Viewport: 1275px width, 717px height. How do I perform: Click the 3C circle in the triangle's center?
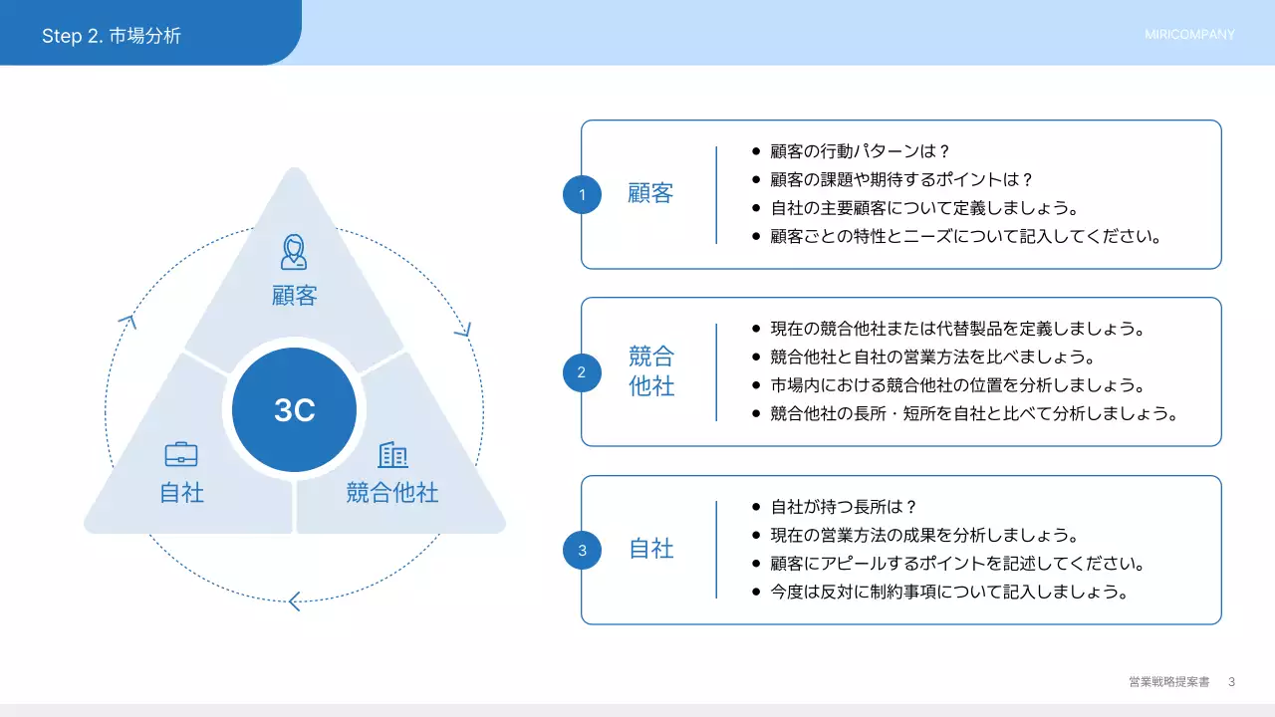(294, 410)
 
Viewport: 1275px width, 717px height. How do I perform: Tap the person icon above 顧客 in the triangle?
(293, 252)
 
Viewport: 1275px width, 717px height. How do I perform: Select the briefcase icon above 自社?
(181, 454)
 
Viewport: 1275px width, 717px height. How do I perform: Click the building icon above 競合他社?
(392, 455)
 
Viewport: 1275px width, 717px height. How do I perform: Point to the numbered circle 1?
(582, 194)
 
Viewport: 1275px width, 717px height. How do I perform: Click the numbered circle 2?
(582, 372)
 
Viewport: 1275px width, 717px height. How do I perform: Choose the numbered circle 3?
(582, 550)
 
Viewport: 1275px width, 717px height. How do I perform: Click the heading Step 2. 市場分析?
(112, 36)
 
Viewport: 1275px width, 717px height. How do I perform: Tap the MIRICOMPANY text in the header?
(1189, 35)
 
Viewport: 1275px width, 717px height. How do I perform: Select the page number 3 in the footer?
(1231, 682)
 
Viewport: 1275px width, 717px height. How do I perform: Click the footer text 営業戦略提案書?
(1169, 682)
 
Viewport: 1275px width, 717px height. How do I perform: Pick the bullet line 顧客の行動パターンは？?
(861, 151)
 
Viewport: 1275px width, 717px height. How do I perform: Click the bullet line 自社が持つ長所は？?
(843, 507)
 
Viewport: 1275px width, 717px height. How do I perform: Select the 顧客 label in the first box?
(650, 193)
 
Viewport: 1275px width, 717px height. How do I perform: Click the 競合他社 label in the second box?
(651, 371)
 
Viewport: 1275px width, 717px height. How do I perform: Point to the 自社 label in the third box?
(651, 549)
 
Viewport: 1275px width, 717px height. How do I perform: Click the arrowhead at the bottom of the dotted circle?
(293, 601)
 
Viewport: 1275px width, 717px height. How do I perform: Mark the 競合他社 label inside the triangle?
(392, 492)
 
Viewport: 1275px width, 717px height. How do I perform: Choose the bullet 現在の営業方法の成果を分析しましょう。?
(924, 536)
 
